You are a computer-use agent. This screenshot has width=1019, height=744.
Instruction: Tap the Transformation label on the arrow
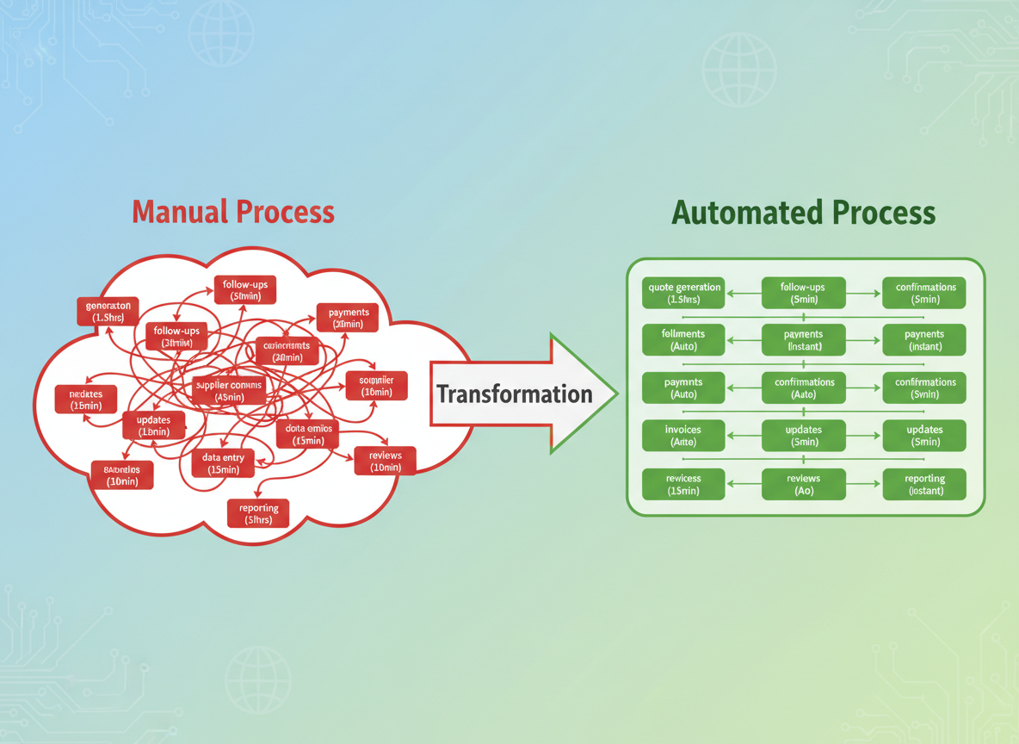coord(514,394)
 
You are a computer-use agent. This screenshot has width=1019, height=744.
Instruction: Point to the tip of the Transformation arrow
coord(616,394)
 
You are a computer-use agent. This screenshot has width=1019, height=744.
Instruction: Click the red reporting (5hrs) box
coord(258,514)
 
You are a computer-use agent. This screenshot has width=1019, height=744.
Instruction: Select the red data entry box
coord(223,464)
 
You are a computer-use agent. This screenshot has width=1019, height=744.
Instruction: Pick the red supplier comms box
coord(229,391)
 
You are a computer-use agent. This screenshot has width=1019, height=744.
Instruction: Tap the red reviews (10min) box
coord(385,461)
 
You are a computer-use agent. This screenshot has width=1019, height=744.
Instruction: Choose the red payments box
coord(348,318)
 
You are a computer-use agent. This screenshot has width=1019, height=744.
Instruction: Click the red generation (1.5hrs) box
coord(108,312)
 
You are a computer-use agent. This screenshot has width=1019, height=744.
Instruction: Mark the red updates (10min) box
coord(153,425)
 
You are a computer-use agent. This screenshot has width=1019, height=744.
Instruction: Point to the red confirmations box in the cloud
coord(287,351)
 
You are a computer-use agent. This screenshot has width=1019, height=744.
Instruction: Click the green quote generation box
coord(683,293)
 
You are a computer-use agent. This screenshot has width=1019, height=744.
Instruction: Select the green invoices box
coord(683,436)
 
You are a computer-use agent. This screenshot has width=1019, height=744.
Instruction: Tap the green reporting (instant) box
coord(924,484)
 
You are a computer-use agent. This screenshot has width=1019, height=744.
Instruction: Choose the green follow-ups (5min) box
coord(804,293)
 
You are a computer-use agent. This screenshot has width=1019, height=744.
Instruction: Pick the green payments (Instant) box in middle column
coord(804,340)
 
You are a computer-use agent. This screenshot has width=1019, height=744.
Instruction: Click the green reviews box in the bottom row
coord(804,484)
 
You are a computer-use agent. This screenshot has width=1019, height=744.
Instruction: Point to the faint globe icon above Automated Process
coord(738,70)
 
